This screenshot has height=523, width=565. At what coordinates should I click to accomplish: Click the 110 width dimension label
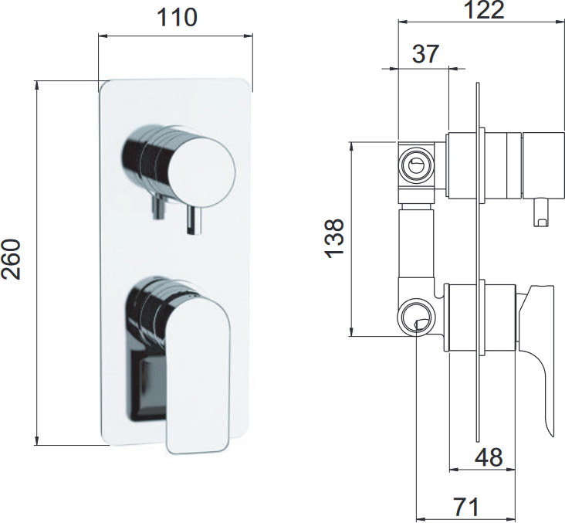(177, 17)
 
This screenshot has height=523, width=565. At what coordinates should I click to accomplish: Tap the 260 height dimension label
(11, 259)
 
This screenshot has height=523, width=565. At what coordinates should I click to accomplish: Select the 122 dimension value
(484, 10)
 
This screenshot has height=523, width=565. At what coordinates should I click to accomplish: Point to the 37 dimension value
(425, 54)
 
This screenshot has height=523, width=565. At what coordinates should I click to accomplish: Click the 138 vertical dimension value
(334, 239)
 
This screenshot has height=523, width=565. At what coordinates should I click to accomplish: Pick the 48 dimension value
(489, 457)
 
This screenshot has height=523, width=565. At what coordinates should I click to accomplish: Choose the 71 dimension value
(466, 507)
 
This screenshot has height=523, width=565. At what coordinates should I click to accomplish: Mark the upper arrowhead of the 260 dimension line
(36, 85)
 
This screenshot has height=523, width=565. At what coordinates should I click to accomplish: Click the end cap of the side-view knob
(543, 165)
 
